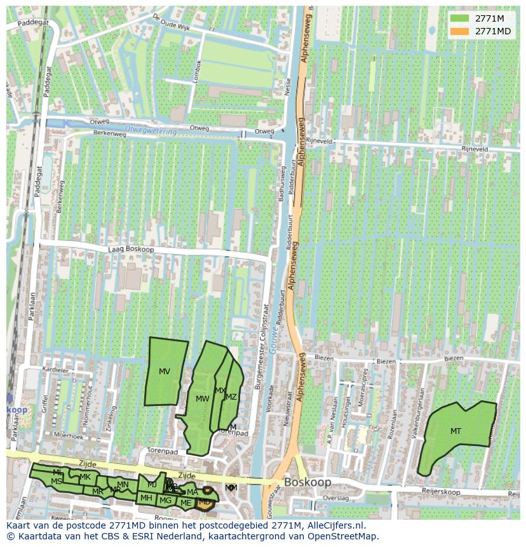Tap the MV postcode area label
(x=165, y=372)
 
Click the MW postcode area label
(x=202, y=399)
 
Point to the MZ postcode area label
(x=231, y=397)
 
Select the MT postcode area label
(x=455, y=431)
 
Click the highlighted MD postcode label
(x=205, y=502)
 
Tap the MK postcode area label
(x=85, y=477)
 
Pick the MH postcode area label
(x=146, y=497)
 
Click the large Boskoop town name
(x=307, y=482)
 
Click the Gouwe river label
(x=274, y=334)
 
